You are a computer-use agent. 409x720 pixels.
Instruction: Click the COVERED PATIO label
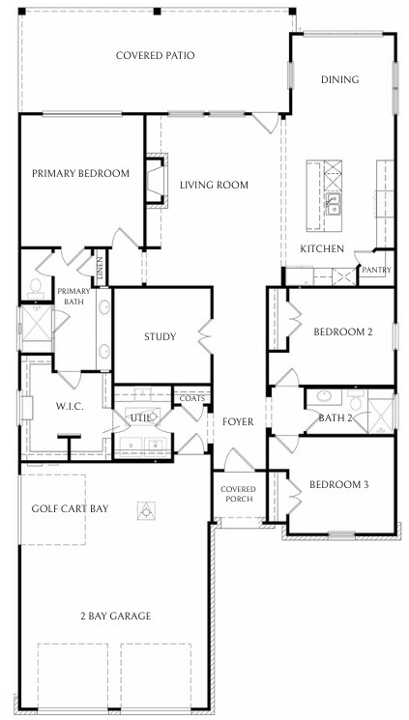pyautogui.click(x=156, y=55)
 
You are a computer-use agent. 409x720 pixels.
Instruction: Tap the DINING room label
pyautogui.click(x=339, y=79)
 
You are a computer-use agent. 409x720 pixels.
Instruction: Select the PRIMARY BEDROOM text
pyautogui.click(x=80, y=174)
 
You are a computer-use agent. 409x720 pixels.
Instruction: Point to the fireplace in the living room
pyautogui.click(x=157, y=181)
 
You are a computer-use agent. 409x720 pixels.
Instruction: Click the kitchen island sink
pyautogui.click(x=333, y=203)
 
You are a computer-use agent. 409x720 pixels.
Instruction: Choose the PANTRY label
pyautogui.click(x=376, y=270)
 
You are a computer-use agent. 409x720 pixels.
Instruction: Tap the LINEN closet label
pyautogui.click(x=101, y=268)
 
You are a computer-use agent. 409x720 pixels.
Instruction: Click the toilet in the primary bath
pyautogui.click(x=36, y=288)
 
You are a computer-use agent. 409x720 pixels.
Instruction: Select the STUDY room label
pyautogui.click(x=160, y=336)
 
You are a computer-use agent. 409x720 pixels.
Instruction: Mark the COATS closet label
pyautogui.click(x=192, y=398)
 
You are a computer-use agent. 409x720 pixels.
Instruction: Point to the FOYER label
pyautogui.click(x=238, y=421)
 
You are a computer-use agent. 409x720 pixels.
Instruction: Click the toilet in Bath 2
pyautogui.click(x=356, y=399)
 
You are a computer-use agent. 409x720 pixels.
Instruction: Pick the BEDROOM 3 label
pyautogui.click(x=338, y=484)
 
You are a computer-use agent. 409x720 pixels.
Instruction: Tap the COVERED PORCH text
pyautogui.click(x=238, y=494)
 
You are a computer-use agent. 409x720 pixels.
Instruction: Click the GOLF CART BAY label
pyautogui.click(x=70, y=508)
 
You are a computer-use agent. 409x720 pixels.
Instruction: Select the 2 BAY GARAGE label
pyautogui.click(x=115, y=616)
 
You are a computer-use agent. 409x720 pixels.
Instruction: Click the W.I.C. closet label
pyautogui.click(x=70, y=406)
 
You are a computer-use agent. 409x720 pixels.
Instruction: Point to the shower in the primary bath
pyautogui.click(x=37, y=323)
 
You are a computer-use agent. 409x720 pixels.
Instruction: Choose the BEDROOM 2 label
pyautogui.click(x=343, y=331)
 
